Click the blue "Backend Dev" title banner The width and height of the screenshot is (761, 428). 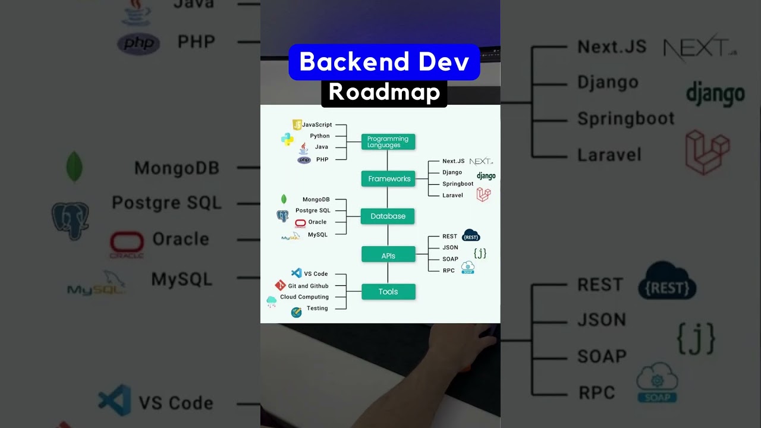click(x=384, y=62)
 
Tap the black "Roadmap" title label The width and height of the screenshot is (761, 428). click(x=384, y=93)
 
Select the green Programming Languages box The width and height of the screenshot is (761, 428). click(x=388, y=141)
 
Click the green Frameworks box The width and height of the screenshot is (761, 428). click(x=389, y=179)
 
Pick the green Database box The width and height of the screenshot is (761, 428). click(x=388, y=216)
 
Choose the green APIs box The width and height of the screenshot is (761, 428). click(x=388, y=256)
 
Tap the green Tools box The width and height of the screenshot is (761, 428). click(x=388, y=292)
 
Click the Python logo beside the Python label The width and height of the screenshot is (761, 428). click(x=287, y=139)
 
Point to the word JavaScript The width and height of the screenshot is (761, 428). click(x=317, y=125)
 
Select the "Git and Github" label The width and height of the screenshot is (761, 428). click(x=308, y=286)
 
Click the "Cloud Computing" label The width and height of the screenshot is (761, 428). click(x=304, y=297)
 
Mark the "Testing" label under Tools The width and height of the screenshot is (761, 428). click(x=317, y=308)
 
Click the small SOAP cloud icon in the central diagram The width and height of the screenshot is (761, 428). click(x=468, y=267)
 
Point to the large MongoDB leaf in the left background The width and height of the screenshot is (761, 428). click(x=74, y=166)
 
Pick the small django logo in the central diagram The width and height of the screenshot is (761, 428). click(x=486, y=176)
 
